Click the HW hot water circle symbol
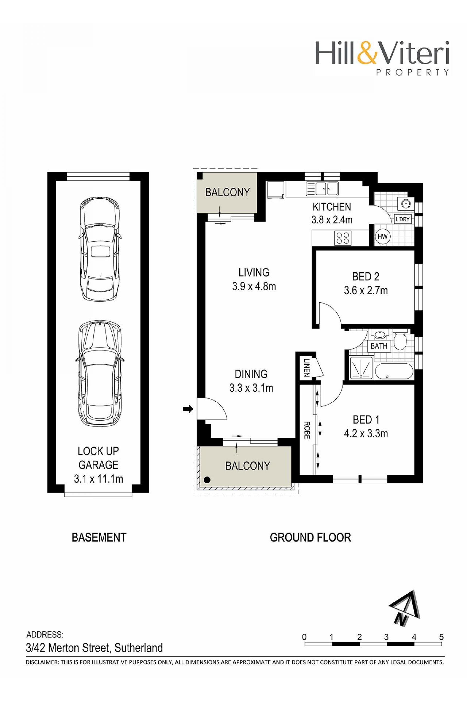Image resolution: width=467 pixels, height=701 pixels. (x=383, y=237)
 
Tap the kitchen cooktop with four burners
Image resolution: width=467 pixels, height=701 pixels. (x=342, y=238)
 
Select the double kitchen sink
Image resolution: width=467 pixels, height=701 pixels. (x=322, y=188)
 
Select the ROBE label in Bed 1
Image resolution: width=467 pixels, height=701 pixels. (x=307, y=430)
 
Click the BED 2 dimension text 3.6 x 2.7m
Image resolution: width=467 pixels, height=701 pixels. (x=366, y=290)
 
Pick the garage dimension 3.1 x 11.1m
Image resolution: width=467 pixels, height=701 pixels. (x=98, y=479)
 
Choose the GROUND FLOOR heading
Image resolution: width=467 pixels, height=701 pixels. (x=310, y=537)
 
